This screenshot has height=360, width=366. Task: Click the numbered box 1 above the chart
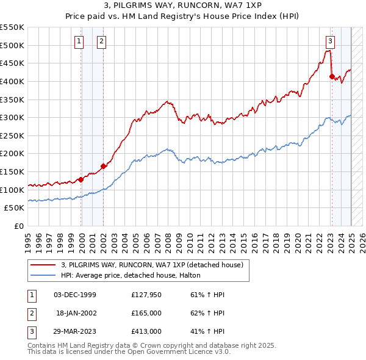[79, 41]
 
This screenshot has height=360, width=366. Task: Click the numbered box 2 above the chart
[101, 41]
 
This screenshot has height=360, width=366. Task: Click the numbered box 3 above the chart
[330, 41]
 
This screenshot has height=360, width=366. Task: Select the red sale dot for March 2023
[332, 76]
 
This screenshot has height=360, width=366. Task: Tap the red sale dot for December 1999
[81, 179]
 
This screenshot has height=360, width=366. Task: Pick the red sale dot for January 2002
[103, 166]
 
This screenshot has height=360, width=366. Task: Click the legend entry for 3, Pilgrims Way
[152, 265]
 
